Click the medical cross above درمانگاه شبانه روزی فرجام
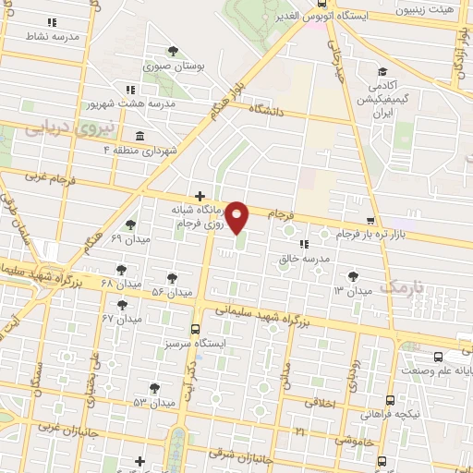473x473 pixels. [x=200, y=196]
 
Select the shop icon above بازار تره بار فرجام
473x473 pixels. [x=370, y=222]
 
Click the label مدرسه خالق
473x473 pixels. [x=305, y=260]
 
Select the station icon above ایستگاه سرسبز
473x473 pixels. [x=194, y=329]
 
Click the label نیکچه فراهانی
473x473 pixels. [x=393, y=415]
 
